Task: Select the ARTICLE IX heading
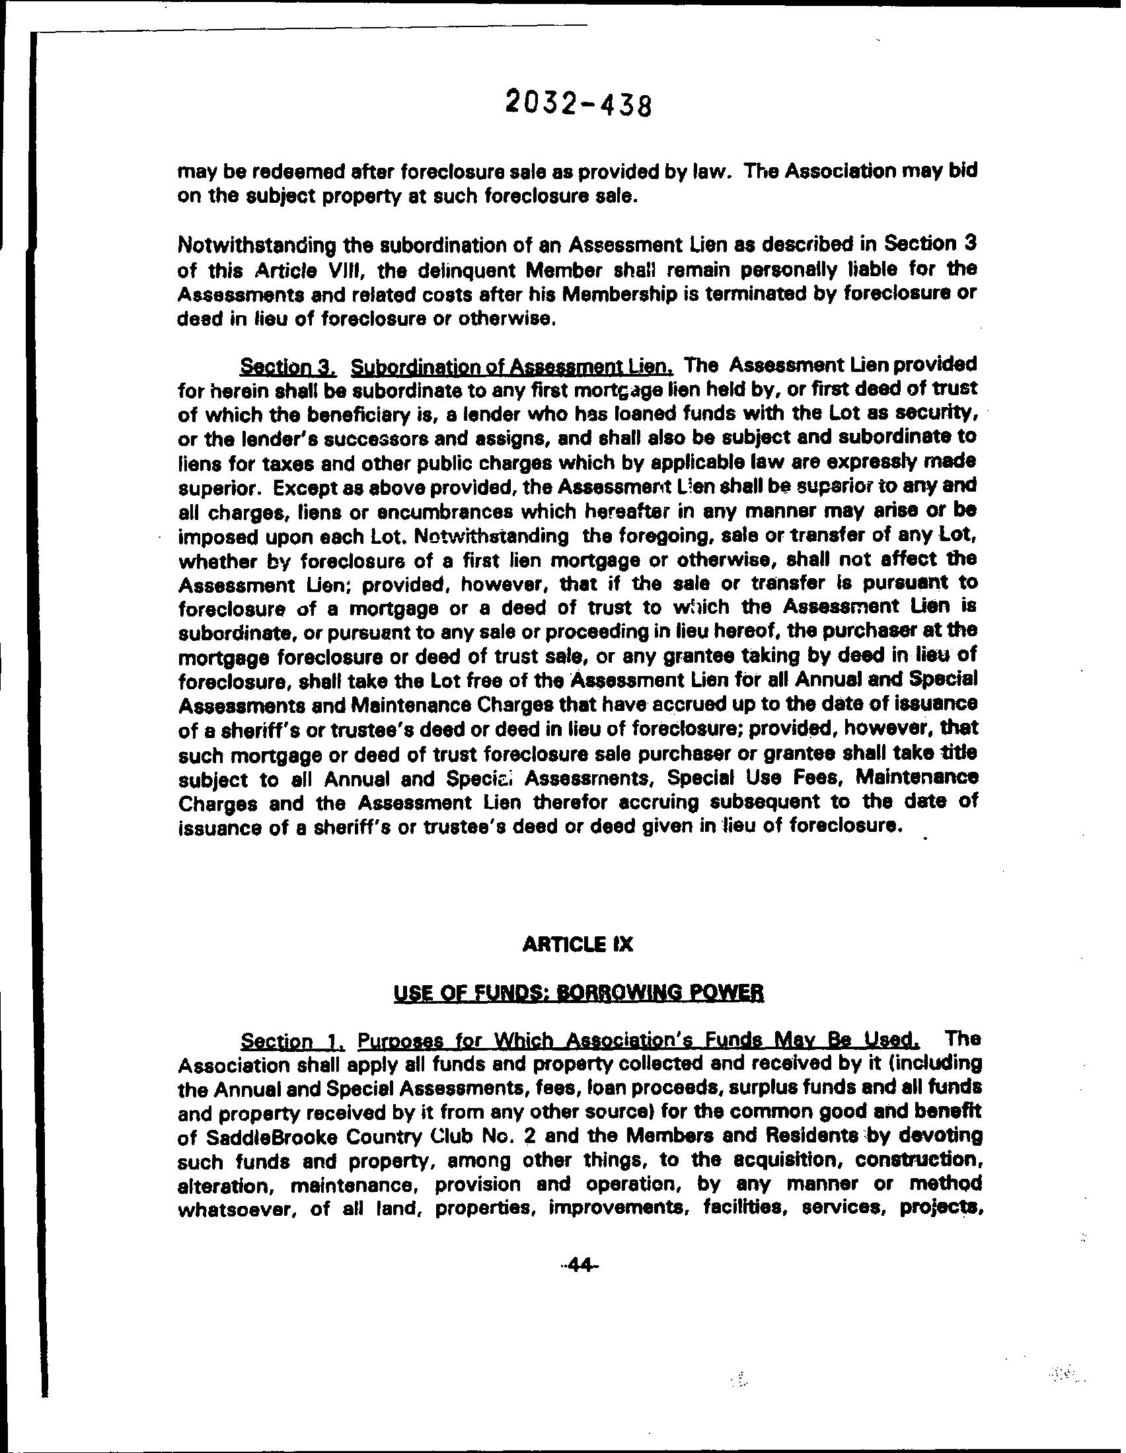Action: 578,945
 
